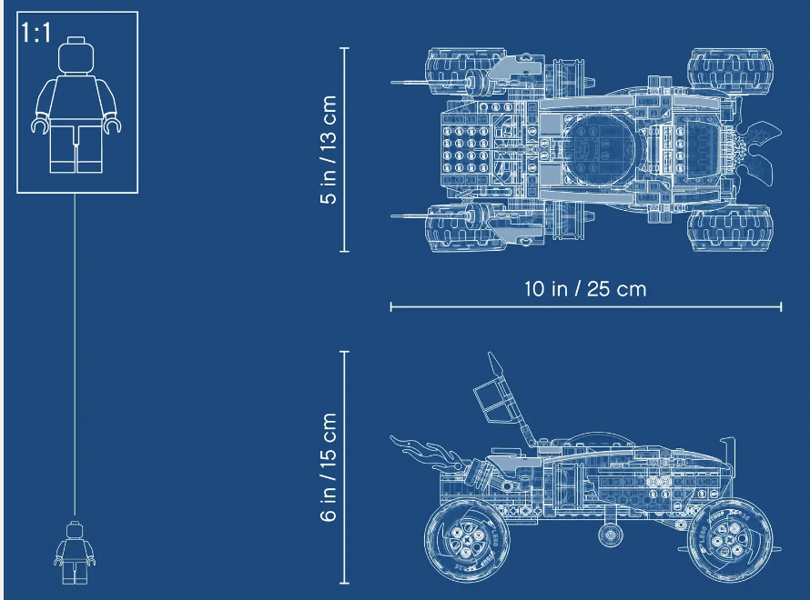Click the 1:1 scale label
click(x=36, y=33)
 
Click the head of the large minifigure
click(x=76, y=55)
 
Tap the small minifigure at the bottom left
click(x=75, y=553)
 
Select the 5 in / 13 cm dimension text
click(x=329, y=150)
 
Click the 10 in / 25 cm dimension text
click(x=585, y=289)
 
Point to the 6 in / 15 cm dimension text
click(x=329, y=467)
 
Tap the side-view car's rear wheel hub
click(x=465, y=540)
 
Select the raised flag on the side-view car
click(x=493, y=397)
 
